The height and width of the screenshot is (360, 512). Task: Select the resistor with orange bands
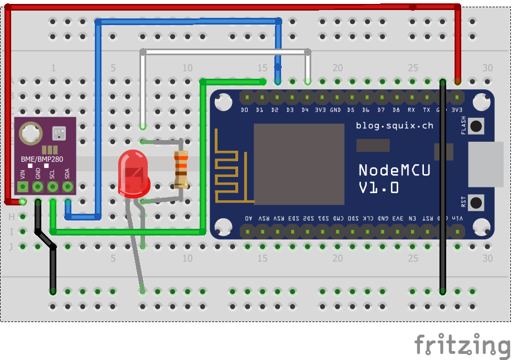tap(181, 169)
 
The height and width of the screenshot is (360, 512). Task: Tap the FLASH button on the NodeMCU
tap(476, 126)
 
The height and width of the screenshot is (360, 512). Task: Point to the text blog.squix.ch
tap(394, 126)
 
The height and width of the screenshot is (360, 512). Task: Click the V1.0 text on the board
tap(379, 188)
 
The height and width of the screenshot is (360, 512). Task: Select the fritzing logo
tap(462, 344)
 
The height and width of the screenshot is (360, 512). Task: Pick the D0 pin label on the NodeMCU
tap(244, 110)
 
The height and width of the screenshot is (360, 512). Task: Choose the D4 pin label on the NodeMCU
tap(305, 110)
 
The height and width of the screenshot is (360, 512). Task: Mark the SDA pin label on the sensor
tap(67, 173)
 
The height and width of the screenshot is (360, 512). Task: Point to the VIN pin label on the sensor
tap(23, 173)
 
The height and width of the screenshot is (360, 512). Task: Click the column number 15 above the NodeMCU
tap(263, 68)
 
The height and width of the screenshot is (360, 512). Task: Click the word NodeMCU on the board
tap(394, 170)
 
